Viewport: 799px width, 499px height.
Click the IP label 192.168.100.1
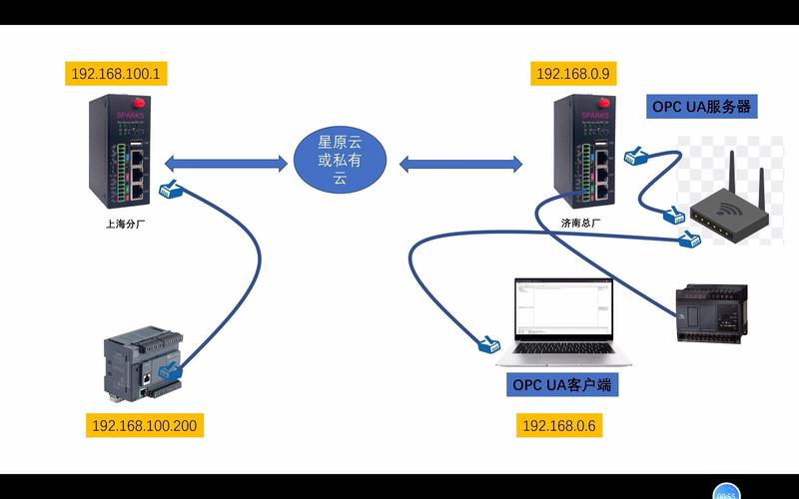click(x=119, y=74)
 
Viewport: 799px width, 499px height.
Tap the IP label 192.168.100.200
click(x=145, y=426)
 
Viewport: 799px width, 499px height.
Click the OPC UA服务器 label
click(x=701, y=106)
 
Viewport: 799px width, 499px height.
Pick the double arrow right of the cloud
click(x=461, y=161)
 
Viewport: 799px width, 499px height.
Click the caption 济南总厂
click(x=580, y=224)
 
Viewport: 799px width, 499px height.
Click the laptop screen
click(x=560, y=310)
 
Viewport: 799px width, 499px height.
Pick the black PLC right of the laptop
click(x=709, y=311)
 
